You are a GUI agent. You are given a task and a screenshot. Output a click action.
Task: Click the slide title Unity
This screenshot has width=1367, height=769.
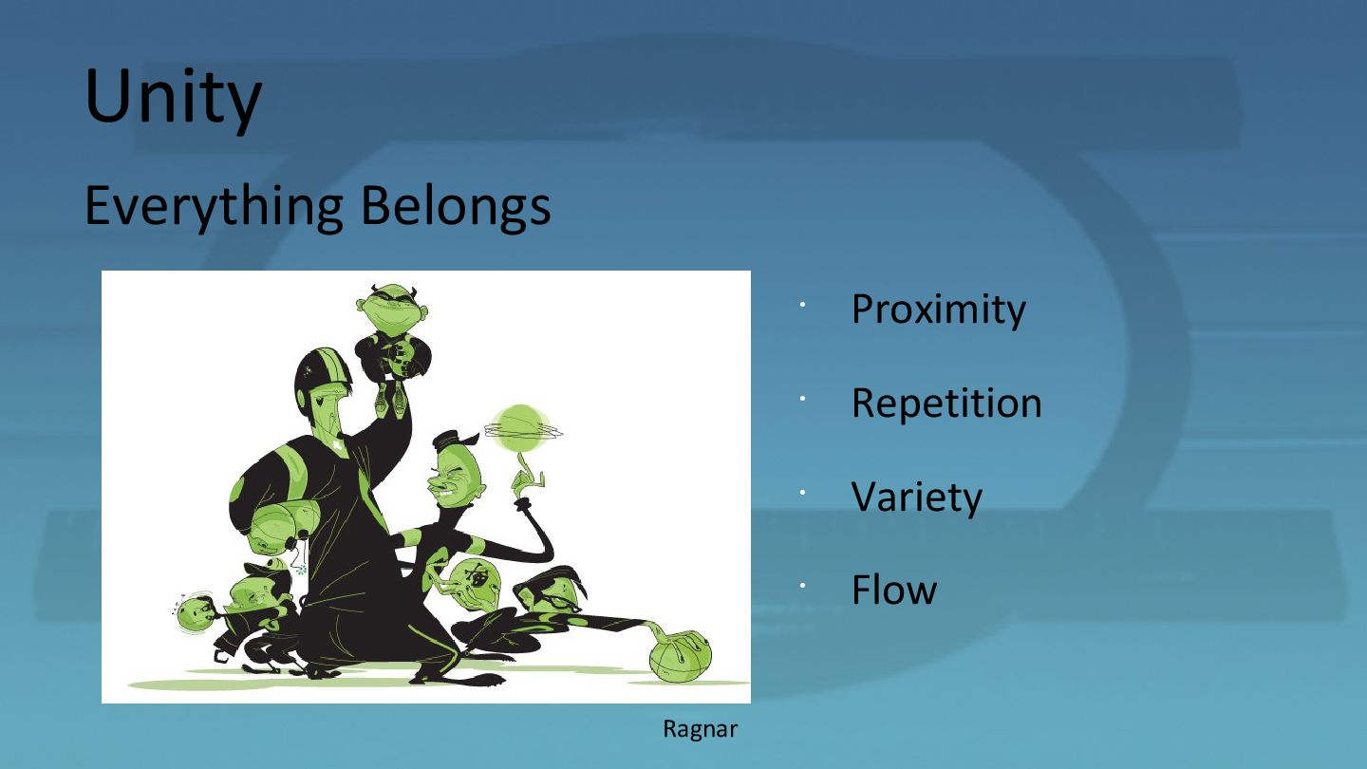(174, 98)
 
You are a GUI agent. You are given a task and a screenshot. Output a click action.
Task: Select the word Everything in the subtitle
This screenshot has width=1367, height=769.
(214, 208)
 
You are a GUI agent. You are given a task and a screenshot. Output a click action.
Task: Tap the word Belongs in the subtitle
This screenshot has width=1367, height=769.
(456, 206)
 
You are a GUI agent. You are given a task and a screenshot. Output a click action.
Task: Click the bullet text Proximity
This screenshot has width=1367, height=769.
(939, 310)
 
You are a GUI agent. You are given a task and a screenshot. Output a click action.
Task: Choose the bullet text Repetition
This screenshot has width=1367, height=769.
(946, 403)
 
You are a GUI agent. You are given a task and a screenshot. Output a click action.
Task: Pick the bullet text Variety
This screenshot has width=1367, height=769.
(917, 497)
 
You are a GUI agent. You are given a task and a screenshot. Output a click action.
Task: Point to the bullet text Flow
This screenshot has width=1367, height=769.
(894, 590)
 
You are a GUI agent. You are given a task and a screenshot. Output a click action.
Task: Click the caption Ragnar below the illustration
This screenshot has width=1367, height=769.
(700, 729)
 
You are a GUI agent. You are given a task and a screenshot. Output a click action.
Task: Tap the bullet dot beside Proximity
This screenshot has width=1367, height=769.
(803, 304)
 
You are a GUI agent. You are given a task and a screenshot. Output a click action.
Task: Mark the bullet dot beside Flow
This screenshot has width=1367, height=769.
(803, 585)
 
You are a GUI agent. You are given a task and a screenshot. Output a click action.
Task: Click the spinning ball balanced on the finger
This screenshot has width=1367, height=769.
(520, 427)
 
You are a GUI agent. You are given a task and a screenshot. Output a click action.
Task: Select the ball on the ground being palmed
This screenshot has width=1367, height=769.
(680, 657)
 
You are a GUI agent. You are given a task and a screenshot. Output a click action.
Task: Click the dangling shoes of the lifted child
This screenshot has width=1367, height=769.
(390, 398)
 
